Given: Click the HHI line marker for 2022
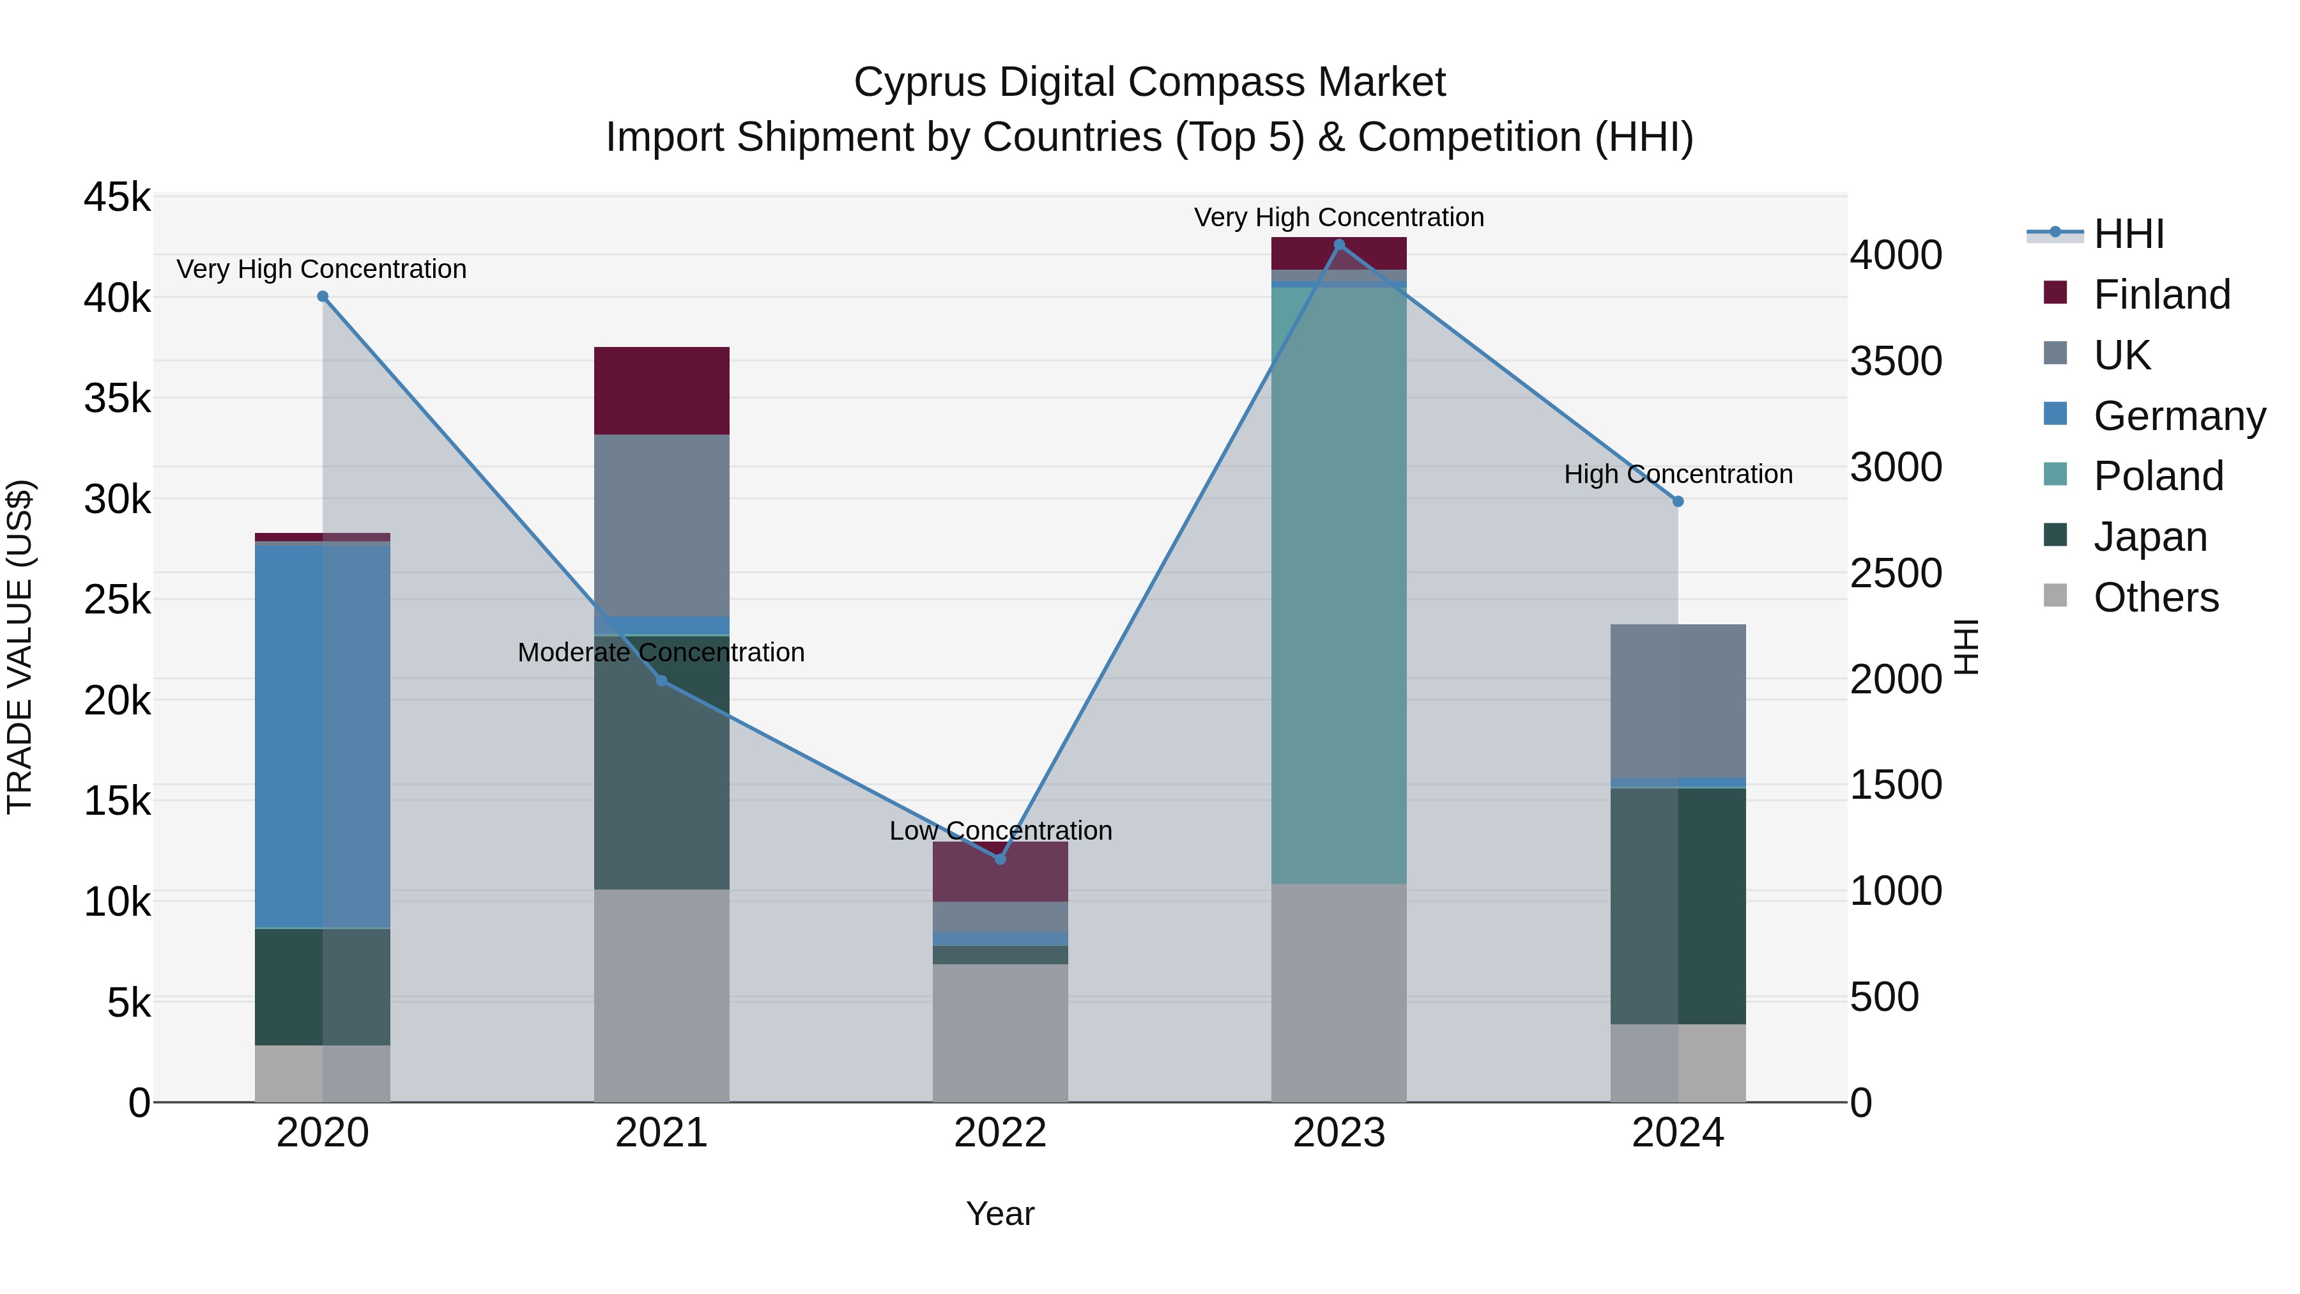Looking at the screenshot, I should click(x=1000, y=859).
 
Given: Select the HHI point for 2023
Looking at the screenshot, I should click(x=1338, y=245).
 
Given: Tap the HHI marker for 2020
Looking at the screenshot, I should click(x=323, y=297).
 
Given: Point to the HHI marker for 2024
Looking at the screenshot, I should click(x=1678, y=502).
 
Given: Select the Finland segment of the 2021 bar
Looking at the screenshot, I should click(x=662, y=390).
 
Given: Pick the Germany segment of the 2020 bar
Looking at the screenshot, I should click(x=323, y=736).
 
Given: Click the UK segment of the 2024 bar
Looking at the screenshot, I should click(x=1678, y=701).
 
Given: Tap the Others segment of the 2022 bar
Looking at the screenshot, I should click(x=1000, y=1033).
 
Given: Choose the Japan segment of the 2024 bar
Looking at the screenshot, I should click(x=1678, y=905).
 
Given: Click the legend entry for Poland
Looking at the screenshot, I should click(x=2158, y=476).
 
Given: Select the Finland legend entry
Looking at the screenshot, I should click(x=2161, y=295).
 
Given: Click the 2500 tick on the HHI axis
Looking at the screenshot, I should click(x=1896, y=573).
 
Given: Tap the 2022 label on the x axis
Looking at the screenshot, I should click(x=1000, y=1133).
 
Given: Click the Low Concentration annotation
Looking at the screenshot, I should click(x=1000, y=831).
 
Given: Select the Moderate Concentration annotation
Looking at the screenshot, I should click(x=661, y=653).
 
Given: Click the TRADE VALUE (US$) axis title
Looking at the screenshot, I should click(x=20, y=647).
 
